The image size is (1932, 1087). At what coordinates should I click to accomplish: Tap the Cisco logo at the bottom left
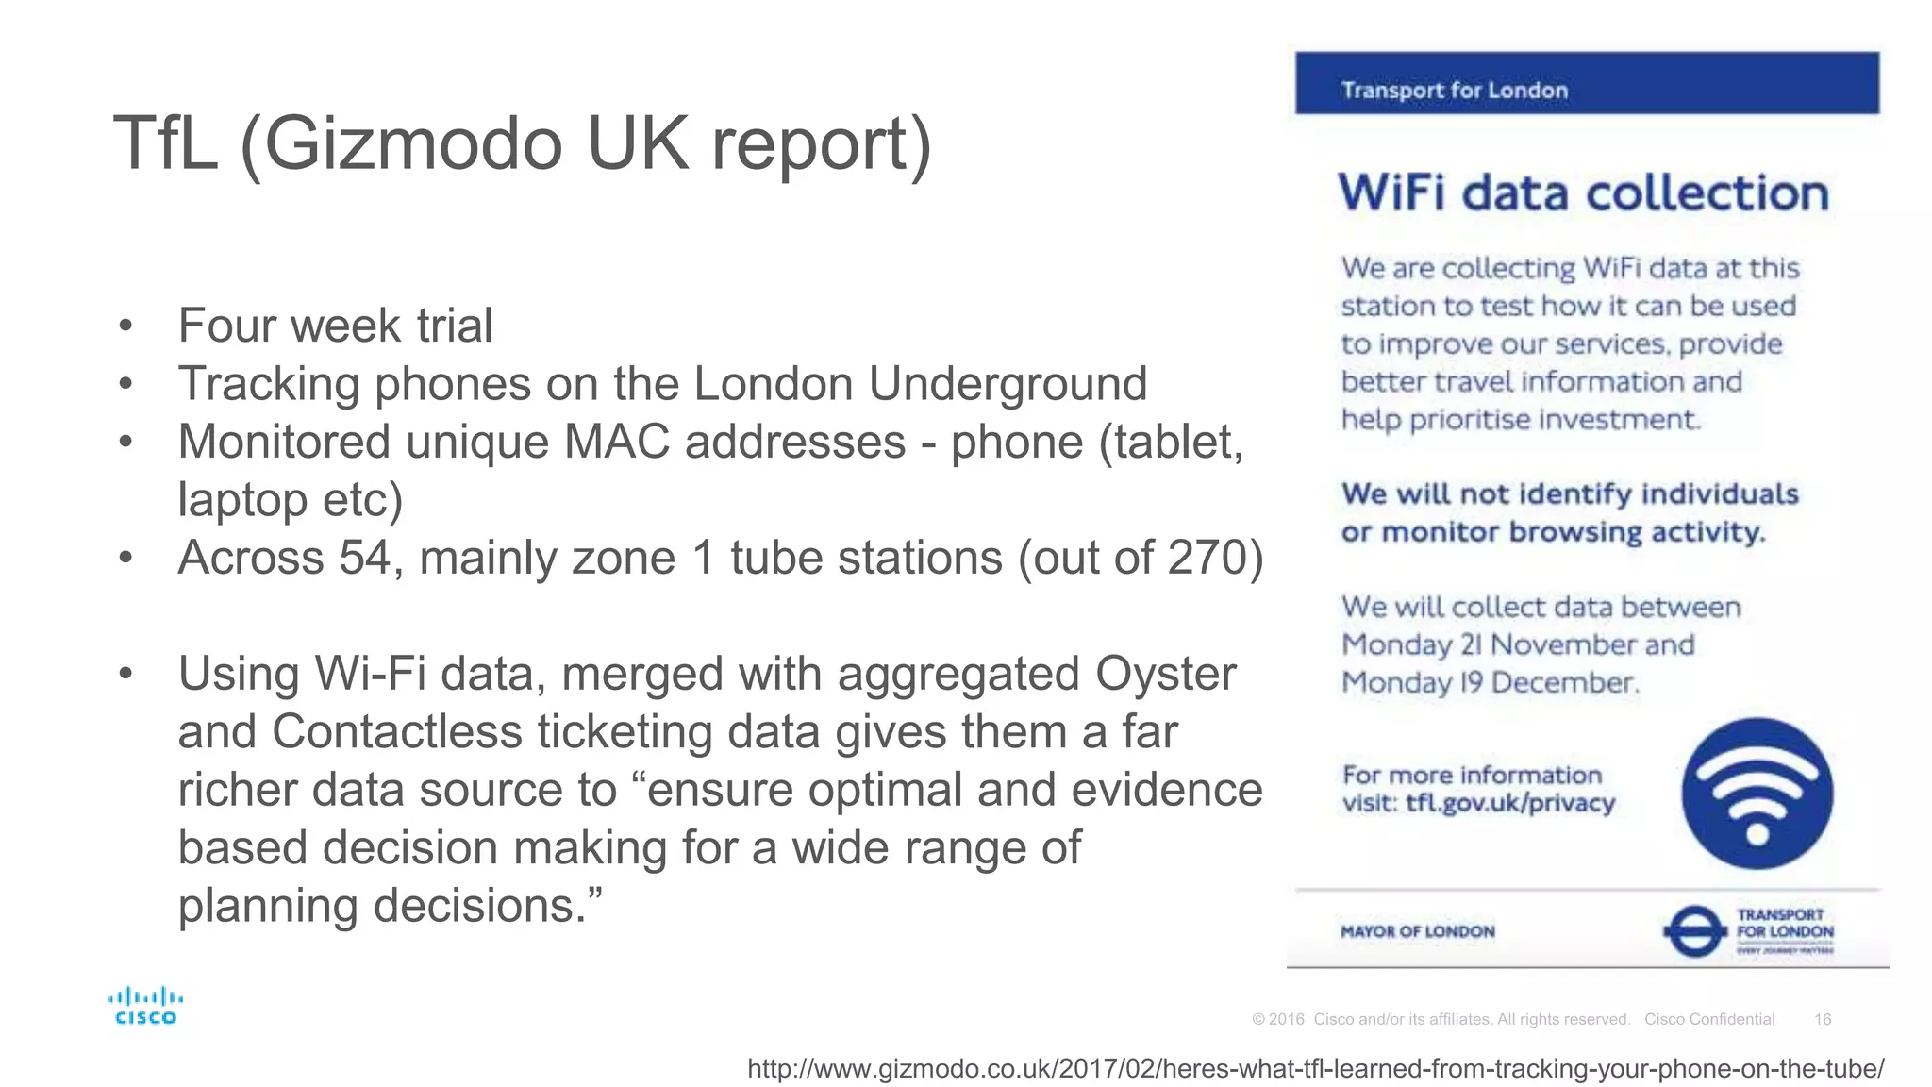(145, 1006)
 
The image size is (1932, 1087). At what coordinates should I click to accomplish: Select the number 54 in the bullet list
(364, 558)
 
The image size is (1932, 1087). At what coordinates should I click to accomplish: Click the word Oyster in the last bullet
(1165, 675)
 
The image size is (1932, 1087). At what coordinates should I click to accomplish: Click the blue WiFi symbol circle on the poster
(1757, 794)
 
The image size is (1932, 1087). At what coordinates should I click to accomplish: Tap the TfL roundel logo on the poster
(1694, 931)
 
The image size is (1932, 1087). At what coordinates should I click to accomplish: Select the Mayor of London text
(1417, 932)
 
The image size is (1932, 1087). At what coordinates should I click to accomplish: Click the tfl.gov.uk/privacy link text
(1510, 804)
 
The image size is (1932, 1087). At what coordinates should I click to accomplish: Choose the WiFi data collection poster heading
(1583, 193)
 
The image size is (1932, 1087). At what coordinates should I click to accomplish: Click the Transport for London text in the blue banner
(1455, 91)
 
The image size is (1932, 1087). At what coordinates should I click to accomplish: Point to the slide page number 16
(1823, 1019)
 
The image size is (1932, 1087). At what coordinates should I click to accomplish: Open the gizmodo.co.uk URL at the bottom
(1315, 1069)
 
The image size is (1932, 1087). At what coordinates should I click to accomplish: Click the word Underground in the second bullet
(1008, 384)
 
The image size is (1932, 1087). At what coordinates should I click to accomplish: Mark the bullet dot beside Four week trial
(125, 326)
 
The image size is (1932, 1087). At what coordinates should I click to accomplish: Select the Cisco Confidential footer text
(1709, 1019)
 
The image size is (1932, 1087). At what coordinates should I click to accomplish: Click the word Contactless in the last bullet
(396, 732)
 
